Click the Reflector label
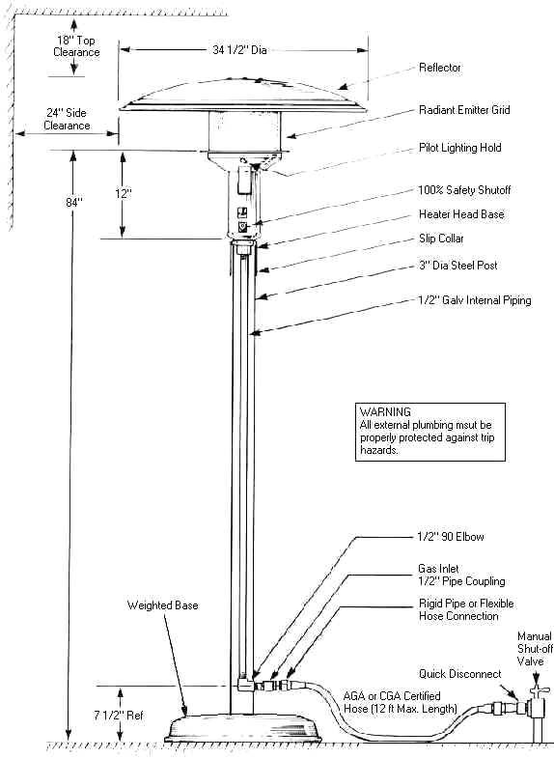point(440,68)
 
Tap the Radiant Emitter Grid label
point(464,110)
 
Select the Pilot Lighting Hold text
point(460,148)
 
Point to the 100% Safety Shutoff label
point(464,190)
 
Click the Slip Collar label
point(441,239)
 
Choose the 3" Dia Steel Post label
point(458,266)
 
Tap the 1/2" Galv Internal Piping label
point(475,300)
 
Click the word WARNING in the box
point(385,412)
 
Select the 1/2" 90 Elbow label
point(451,536)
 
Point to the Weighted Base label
point(162,605)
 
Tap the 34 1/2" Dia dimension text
point(239,50)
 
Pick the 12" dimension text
point(123,194)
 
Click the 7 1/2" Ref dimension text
point(119,715)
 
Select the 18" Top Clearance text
point(76,46)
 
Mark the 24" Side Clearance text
point(67,119)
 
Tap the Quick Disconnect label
point(459,674)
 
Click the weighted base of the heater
point(243,734)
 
